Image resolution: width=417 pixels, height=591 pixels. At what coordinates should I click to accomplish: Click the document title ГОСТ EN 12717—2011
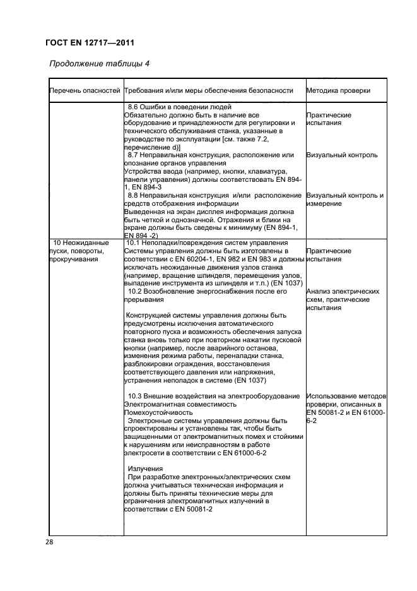[92, 43]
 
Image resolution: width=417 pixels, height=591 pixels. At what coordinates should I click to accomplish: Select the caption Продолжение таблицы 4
[99, 64]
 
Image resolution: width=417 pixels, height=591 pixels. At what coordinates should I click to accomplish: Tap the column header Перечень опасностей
[85, 91]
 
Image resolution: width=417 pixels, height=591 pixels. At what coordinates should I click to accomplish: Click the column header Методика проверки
[338, 91]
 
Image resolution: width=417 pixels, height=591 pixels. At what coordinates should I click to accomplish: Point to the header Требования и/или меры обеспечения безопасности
[209, 91]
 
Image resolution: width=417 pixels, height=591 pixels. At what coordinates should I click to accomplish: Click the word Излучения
[146, 469]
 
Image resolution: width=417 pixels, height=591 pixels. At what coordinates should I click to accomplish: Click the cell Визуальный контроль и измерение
[344, 200]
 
